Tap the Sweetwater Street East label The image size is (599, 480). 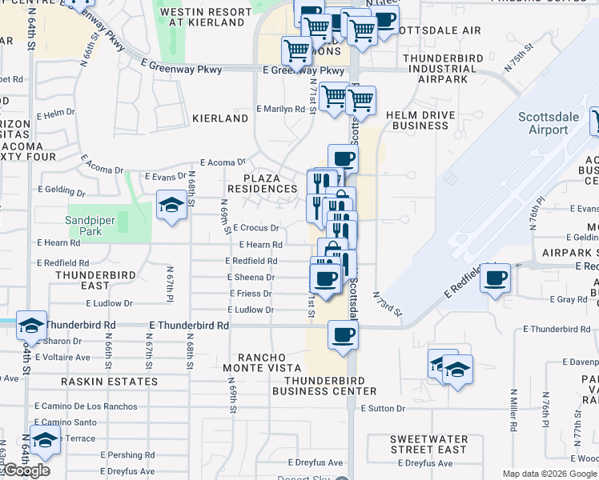(x=428, y=445)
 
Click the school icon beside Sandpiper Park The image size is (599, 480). (x=171, y=206)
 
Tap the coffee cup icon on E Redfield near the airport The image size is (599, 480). (x=495, y=278)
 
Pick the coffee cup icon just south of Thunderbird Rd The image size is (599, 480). (x=343, y=335)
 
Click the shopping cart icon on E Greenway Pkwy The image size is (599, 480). (x=297, y=51)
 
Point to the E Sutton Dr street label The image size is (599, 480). (x=383, y=409)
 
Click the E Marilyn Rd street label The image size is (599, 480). (x=280, y=109)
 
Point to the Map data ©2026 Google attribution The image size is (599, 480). (x=549, y=474)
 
